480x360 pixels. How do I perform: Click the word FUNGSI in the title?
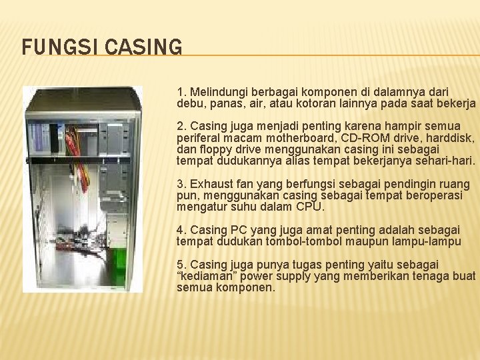pos(54,47)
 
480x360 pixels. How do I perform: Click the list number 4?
pos(181,229)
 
